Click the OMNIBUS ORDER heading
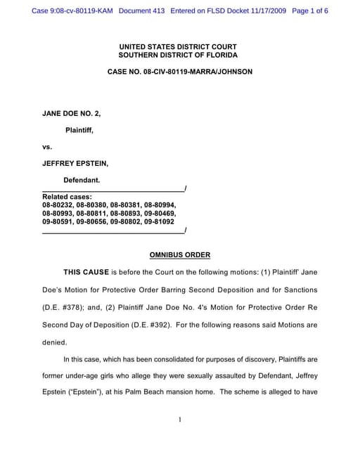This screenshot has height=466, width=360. pyautogui.click(x=180, y=254)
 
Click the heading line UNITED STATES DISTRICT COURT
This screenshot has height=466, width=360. pyautogui.click(x=179, y=46)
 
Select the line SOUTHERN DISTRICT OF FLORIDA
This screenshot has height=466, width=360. pyautogui.click(x=179, y=55)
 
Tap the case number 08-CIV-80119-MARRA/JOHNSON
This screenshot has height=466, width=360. pyautogui.click(x=179, y=72)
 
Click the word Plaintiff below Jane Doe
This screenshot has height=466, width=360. pyautogui.click(x=79, y=129)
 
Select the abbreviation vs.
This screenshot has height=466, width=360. pyautogui.click(x=48, y=146)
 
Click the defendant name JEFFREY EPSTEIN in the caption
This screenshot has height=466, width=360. pyautogui.click(x=75, y=163)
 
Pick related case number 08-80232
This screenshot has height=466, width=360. pyautogui.click(x=59, y=204)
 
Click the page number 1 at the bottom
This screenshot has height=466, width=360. pyautogui.click(x=180, y=420)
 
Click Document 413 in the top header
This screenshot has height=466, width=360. pyautogui.click(x=142, y=11)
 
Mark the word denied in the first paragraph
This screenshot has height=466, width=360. pyautogui.click(x=54, y=342)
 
